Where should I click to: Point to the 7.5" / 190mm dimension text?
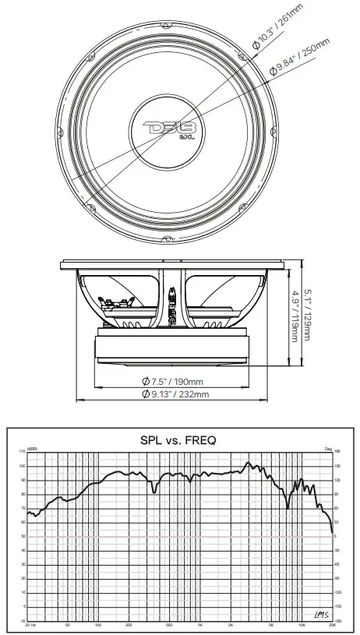(173, 381)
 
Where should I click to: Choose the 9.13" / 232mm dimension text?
(175, 395)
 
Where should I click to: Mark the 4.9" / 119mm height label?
(293, 316)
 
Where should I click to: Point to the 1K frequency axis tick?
(200, 626)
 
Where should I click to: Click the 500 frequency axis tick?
(169, 626)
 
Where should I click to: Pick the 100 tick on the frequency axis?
(98, 626)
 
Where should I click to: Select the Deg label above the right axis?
(328, 448)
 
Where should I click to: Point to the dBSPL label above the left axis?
(32, 448)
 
